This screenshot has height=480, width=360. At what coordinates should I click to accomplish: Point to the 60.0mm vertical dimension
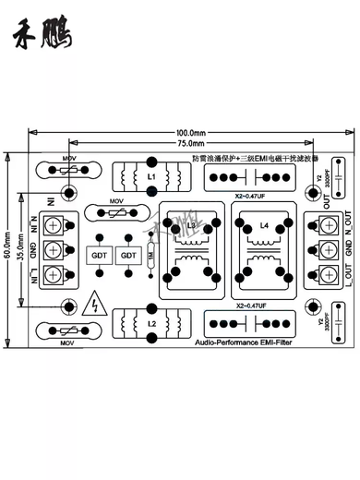(x=8, y=248)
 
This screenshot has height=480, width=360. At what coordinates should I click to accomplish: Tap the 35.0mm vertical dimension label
(x=28, y=248)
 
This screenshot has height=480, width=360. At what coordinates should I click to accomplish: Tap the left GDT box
(x=98, y=255)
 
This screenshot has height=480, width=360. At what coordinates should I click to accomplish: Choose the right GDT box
(x=128, y=255)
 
